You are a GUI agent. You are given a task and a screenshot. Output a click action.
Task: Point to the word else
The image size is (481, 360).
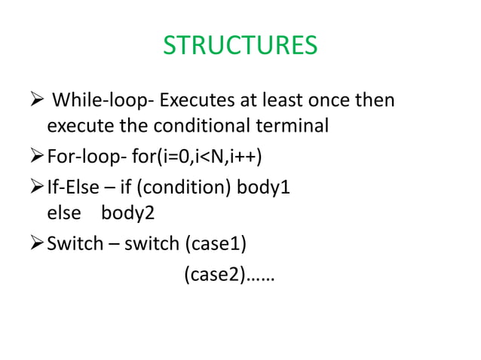[63, 213]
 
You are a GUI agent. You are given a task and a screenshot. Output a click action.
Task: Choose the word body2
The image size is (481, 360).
[128, 213]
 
